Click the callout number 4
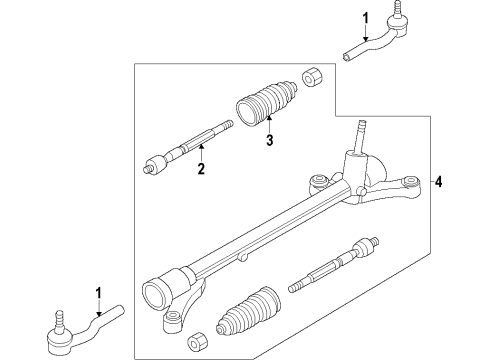(x=439, y=182)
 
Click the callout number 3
(x=270, y=140)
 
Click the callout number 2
(x=201, y=169)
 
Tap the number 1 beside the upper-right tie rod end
(x=366, y=18)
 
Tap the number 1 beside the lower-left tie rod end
(x=98, y=294)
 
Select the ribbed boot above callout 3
(x=266, y=104)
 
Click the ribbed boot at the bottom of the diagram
(x=248, y=310)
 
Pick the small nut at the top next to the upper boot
(x=312, y=77)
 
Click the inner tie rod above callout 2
(x=188, y=147)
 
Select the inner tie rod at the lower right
(x=334, y=265)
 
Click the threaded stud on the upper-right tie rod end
(x=397, y=10)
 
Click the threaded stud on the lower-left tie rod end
(x=59, y=321)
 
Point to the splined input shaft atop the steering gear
(x=360, y=137)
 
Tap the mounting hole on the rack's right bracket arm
(x=410, y=182)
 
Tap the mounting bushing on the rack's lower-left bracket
(x=172, y=321)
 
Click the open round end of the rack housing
(x=154, y=292)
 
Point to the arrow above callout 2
(x=201, y=153)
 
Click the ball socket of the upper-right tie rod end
(x=397, y=26)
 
